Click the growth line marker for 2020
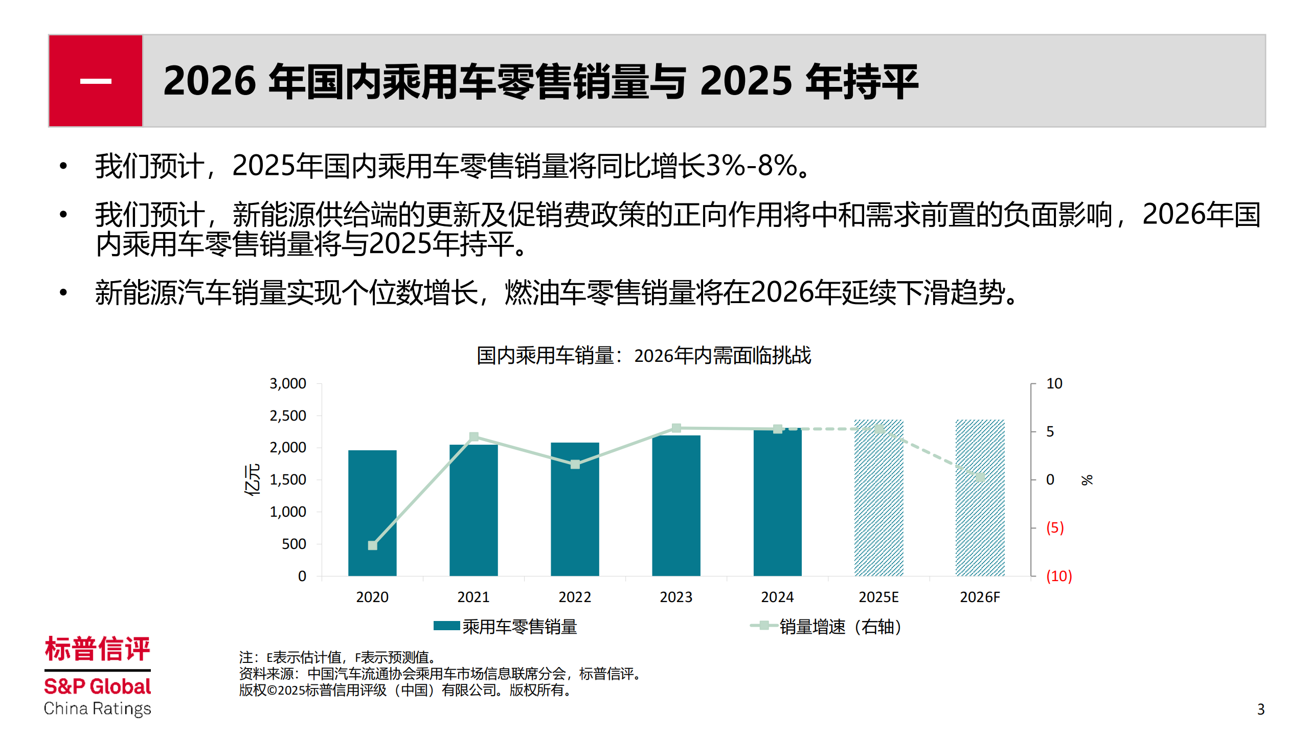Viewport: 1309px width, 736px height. point(373,545)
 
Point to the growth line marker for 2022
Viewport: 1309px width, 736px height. point(575,464)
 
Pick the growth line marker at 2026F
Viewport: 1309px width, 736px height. point(980,477)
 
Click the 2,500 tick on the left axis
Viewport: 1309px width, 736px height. point(288,416)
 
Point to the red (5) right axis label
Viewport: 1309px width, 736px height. point(1054,527)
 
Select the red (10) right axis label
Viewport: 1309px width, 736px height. point(1058,576)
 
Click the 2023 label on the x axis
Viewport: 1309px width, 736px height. point(676,597)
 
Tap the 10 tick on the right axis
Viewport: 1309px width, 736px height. point(1054,383)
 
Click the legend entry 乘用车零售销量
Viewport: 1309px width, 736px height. point(519,627)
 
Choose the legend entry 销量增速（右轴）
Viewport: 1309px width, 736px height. point(839,627)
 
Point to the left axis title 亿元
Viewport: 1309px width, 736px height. point(252,479)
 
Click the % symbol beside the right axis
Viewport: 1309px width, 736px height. point(1087,479)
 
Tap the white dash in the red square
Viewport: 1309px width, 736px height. point(96,81)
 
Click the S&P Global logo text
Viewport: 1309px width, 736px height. point(97,686)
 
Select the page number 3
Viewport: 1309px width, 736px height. point(1261,709)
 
